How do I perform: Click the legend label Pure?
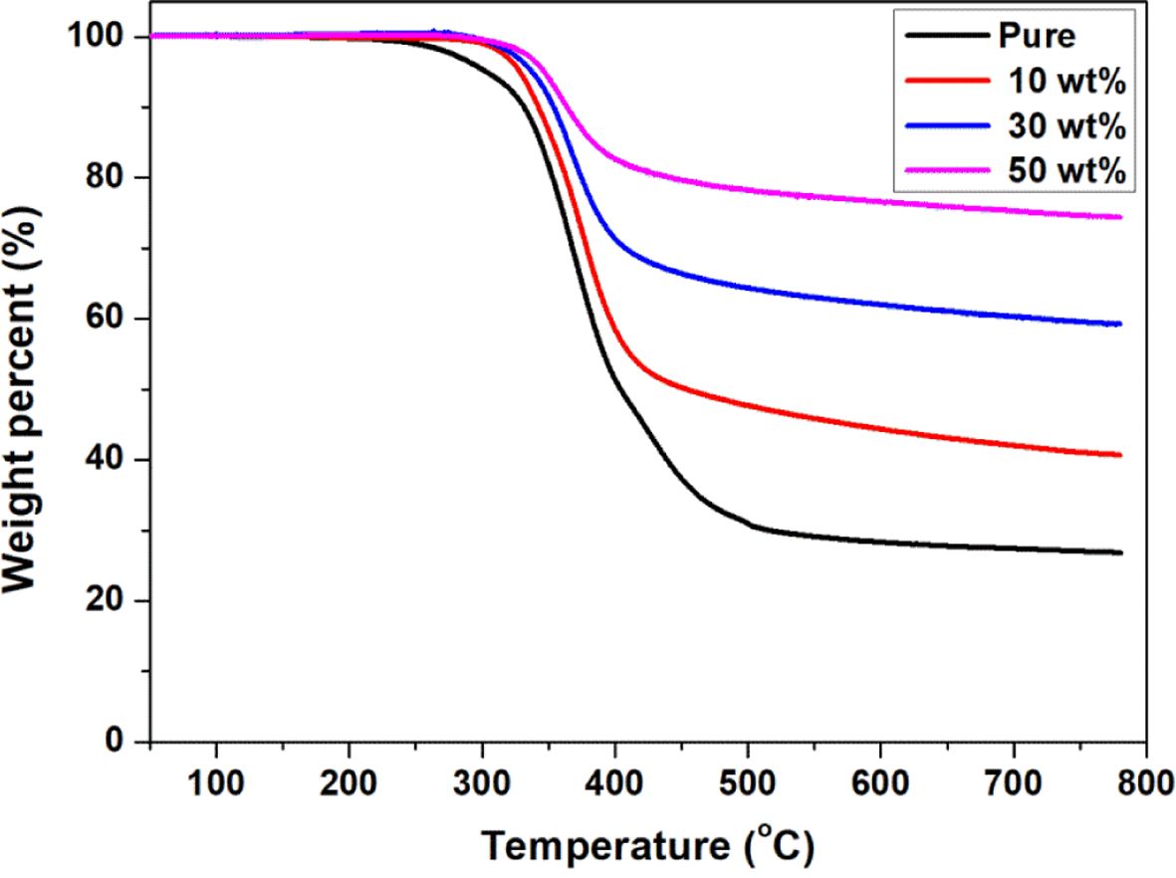point(1037,37)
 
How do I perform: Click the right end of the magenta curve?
point(1120,217)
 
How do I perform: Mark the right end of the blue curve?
point(1120,324)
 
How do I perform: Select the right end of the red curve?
point(1120,455)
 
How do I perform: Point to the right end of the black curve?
point(1120,552)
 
